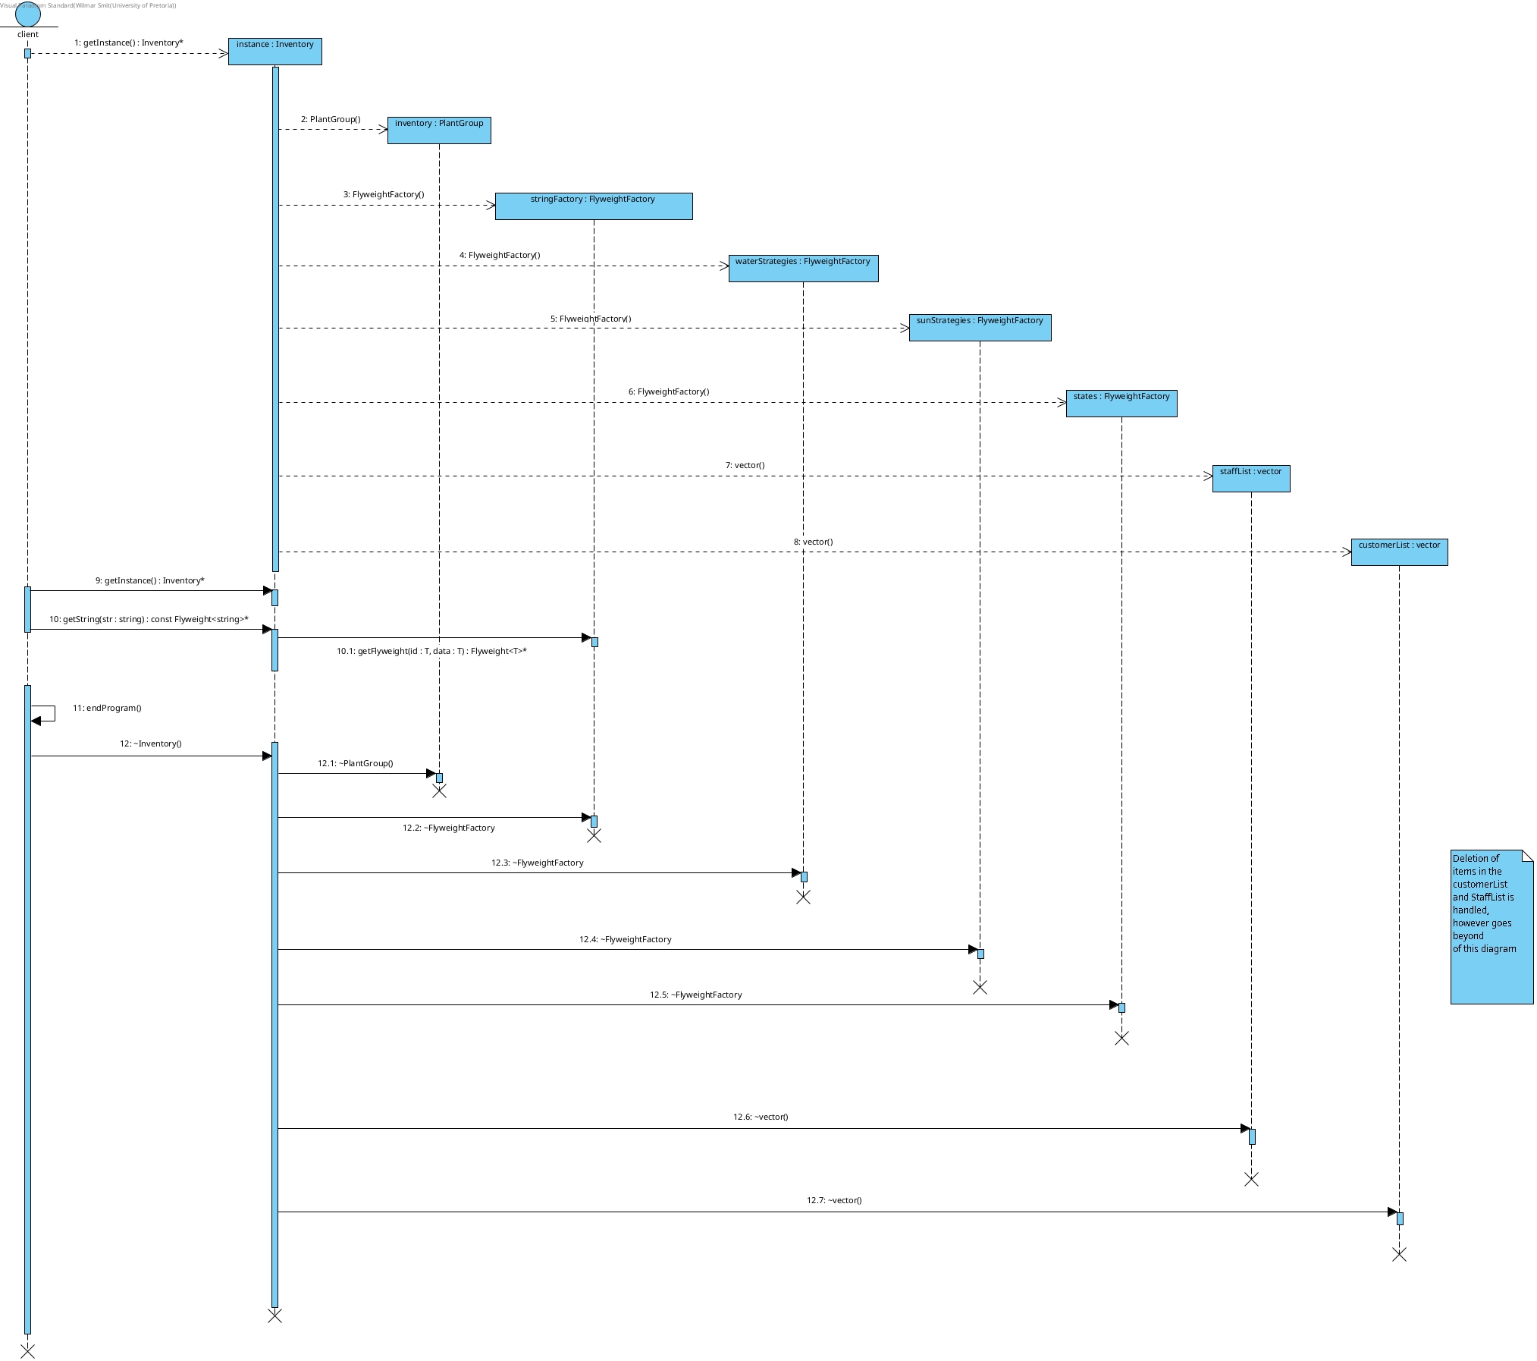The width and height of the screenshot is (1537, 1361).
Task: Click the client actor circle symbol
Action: [x=28, y=14]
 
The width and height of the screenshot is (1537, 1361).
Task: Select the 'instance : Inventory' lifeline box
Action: [x=274, y=51]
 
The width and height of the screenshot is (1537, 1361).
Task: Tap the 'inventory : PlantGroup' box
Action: [x=439, y=130]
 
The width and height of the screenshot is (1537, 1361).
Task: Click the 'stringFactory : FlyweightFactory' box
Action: [x=593, y=206]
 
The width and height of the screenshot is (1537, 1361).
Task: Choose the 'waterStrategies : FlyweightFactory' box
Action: [x=803, y=268]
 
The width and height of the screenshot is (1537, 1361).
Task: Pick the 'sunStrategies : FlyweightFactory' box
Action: [x=980, y=327]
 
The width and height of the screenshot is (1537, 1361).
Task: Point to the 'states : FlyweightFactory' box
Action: [x=1121, y=403]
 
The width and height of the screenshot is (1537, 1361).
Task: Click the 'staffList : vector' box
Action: [x=1250, y=478]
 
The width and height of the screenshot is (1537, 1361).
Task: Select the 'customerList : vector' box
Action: [x=1399, y=552]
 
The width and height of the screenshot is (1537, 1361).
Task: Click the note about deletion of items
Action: [x=1491, y=926]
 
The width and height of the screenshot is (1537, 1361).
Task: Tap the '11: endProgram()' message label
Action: [x=107, y=708]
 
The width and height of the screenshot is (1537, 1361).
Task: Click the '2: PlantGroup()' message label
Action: [x=331, y=119]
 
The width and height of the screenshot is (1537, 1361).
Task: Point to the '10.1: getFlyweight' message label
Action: [x=431, y=651]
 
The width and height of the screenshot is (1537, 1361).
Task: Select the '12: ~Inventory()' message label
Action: [x=151, y=743]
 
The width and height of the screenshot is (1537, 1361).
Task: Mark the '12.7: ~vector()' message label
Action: [x=834, y=1200]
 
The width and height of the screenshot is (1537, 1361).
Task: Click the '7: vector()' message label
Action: [x=745, y=465]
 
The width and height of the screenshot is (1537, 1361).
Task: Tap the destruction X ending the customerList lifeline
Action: [x=1399, y=1255]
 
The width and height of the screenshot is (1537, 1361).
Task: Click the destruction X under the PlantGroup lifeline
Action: [x=439, y=791]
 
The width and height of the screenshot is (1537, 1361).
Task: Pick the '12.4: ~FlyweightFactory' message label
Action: [x=625, y=939]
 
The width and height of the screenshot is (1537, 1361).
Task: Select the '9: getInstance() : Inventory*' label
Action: [x=150, y=580]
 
